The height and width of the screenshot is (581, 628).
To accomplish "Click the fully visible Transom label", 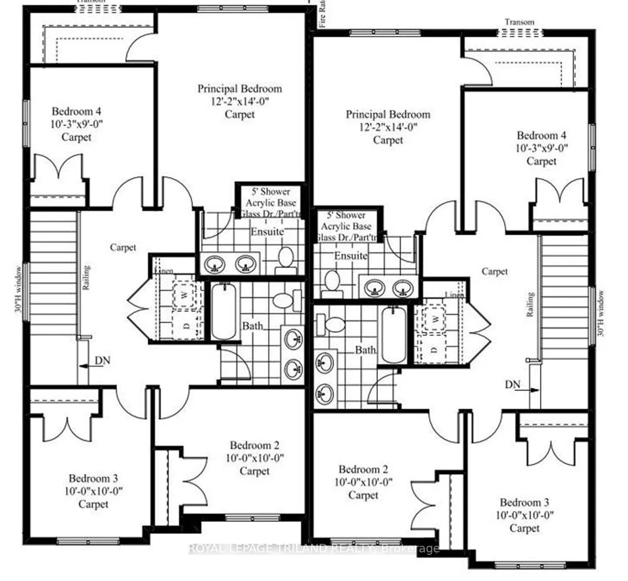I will (519, 22).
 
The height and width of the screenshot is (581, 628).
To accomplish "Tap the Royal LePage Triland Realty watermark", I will (313, 549).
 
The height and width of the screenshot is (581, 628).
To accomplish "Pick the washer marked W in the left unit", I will (184, 295).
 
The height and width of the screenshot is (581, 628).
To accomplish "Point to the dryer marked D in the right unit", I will (434, 348).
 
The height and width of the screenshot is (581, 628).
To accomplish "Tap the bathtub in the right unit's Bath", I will (394, 335).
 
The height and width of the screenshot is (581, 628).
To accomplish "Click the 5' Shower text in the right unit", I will (346, 215).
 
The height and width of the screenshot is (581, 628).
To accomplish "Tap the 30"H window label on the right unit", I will (602, 314).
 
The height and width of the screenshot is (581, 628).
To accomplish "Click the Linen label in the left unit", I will (163, 271).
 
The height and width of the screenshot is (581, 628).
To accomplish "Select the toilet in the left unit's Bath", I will (283, 300).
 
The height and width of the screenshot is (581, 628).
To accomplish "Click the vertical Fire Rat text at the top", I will (323, 14).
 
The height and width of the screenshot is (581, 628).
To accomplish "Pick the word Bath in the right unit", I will (365, 349).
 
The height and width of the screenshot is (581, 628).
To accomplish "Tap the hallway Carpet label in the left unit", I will (123, 247).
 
